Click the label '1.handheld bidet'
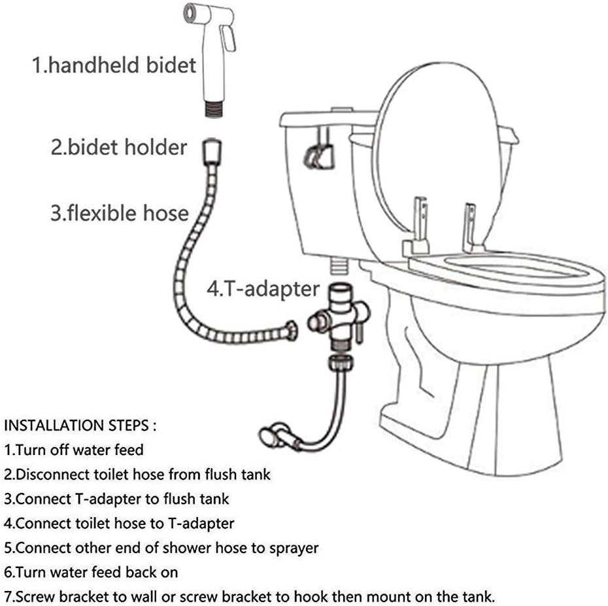114,65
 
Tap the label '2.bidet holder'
119,146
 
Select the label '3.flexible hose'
120,213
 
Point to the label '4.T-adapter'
263,289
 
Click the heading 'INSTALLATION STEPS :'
80,426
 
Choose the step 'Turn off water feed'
74,450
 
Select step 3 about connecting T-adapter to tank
116,499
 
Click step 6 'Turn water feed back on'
91,572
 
